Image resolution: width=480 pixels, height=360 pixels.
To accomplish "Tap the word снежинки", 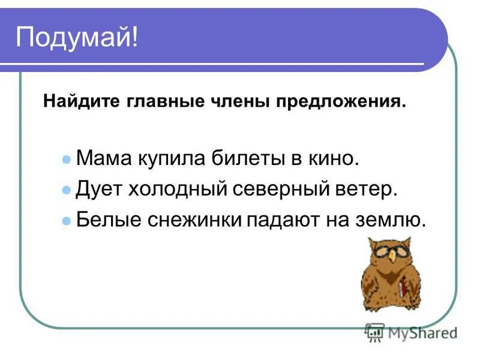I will [x=192, y=220].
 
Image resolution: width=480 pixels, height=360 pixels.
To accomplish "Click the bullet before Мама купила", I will [x=67, y=160].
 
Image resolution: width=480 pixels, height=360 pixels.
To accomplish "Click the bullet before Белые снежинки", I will [x=67, y=221].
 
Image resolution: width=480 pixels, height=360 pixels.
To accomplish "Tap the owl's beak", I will [x=392, y=257].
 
